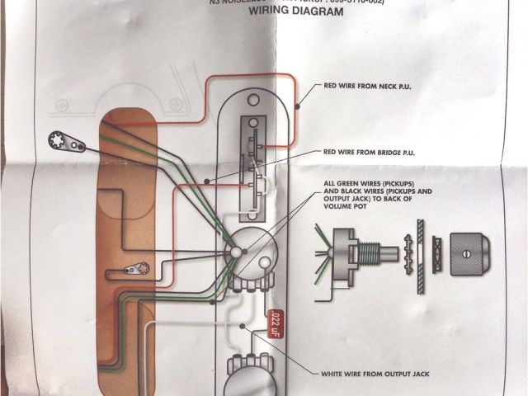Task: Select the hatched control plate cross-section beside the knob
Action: click(x=421, y=248)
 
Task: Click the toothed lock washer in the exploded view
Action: click(x=406, y=248)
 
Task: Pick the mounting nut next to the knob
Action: click(x=436, y=248)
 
